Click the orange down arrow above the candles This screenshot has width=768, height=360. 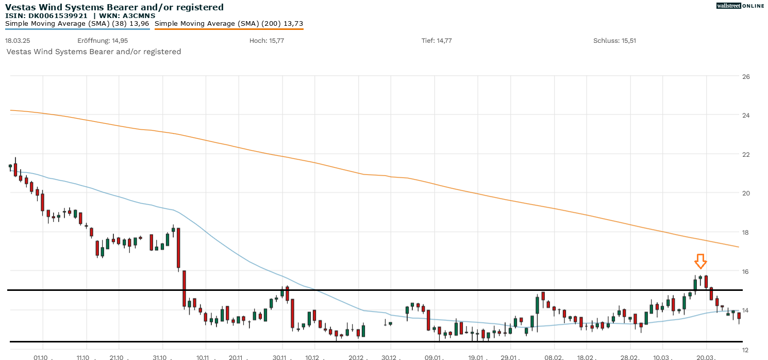(700, 261)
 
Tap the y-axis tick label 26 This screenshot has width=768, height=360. (745, 76)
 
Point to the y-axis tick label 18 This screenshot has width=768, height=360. (745, 232)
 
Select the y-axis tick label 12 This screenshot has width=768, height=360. (745, 349)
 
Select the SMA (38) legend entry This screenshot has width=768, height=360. (77, 23)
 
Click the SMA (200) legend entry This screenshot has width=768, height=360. (229, 23)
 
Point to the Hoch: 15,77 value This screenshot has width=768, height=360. (266, 41)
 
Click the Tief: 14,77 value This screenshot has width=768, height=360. (437, 41)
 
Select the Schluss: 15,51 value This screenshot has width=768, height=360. (614, 41)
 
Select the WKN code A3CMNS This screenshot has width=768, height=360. (137, 15)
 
